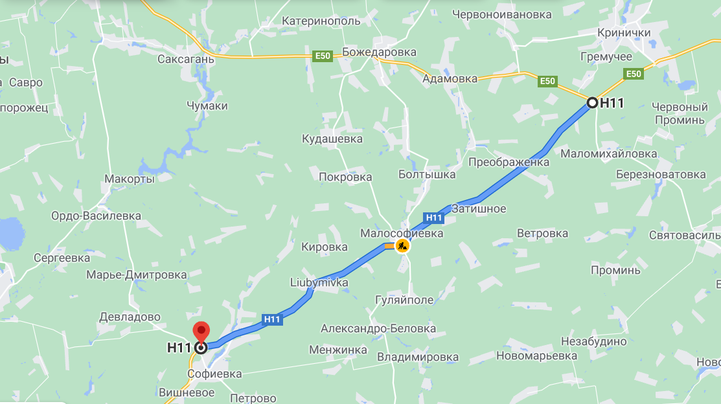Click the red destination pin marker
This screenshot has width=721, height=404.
pos(201,331)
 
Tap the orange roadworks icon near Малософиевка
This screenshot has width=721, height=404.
pos(402,246)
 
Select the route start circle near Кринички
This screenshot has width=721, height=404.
pos(592,102)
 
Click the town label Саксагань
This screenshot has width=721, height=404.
pos(186,59)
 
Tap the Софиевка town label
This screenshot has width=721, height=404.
pos(214,374)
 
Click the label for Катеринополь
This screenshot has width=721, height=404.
pos(321,21)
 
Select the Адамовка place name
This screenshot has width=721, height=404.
pos(450,79)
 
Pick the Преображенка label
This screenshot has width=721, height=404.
pos(509,163)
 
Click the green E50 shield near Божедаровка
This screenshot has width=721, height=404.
pos(323,56)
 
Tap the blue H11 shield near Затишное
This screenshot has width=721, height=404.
pos(434,218)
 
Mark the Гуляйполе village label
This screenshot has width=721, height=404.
pos(404,300)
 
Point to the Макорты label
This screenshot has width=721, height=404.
pos(130,179)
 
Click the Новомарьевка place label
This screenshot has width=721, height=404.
pos(536,355)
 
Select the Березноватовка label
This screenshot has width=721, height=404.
pos(661,174)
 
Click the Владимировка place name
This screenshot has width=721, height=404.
pos(418,357)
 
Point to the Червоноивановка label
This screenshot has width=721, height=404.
pos(502,14)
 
